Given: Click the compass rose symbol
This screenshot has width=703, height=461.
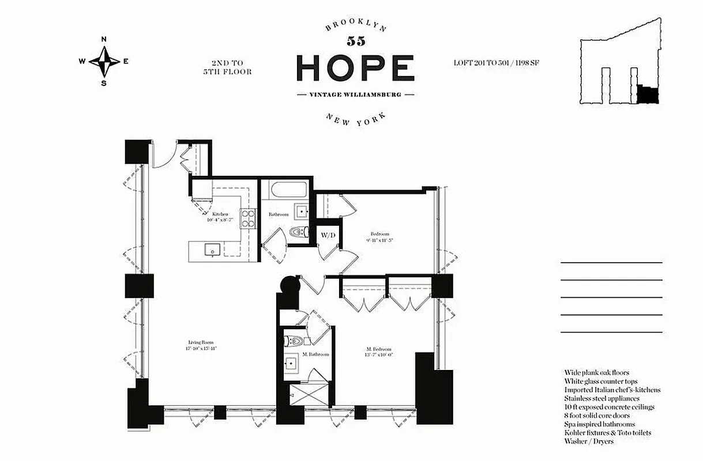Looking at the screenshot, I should [104, 61].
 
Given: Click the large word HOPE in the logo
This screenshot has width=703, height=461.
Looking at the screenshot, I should [355, 68].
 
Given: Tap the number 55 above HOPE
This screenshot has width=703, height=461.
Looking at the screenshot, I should [355, 41].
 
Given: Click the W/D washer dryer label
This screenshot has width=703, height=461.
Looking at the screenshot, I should [328, 235].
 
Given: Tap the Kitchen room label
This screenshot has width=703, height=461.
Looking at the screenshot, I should [219, 214].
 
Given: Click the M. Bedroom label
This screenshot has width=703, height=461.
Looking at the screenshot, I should [378, 349].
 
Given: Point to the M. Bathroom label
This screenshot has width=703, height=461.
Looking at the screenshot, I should [315, 354].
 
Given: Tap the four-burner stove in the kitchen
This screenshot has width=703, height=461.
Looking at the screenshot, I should [248, 218].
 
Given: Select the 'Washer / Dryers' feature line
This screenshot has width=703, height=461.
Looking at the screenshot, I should [589, 441].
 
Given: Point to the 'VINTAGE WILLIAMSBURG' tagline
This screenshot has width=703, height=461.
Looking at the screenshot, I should [355, 95].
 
